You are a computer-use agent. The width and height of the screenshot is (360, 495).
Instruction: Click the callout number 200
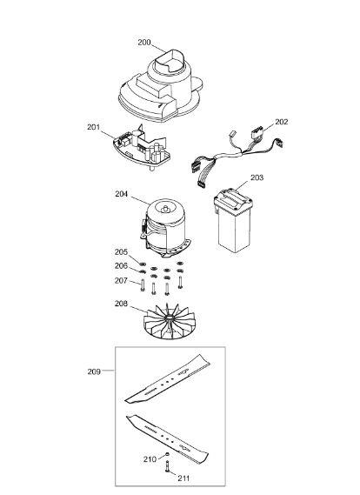pos(144,43)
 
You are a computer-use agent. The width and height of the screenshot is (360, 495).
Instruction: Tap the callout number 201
pos(93,127)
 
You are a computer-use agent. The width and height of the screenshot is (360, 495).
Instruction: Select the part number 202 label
pos(282,122)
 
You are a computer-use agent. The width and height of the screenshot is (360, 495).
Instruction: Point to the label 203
pos(257,177)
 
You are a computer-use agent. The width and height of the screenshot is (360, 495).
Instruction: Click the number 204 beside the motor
pos(122,194)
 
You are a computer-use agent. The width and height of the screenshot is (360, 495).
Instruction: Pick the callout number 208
pos(121,304)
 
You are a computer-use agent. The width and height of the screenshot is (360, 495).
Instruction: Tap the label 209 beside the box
pos(94,371)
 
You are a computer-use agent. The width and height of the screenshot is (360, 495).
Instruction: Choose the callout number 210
pos(150,459)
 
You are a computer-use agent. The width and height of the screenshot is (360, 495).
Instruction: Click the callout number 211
pos(183,478)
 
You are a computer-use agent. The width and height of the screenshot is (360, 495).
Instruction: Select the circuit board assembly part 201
pos(142,146)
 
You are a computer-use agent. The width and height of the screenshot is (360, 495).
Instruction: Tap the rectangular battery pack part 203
pos(233,220)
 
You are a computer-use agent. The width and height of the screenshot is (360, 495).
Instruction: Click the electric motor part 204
pos(165,227)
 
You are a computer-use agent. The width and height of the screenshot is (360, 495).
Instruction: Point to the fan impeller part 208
pos(170,322)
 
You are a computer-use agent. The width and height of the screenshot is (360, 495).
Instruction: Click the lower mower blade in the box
pos(167,438)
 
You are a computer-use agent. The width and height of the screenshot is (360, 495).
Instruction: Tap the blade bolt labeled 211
pos(167,466)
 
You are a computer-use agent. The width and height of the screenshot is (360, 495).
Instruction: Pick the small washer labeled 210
pos(167,454)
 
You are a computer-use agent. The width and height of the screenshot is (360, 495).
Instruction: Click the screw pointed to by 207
pos(143,285)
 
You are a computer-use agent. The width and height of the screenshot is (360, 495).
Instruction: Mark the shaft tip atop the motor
pos(164,209)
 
